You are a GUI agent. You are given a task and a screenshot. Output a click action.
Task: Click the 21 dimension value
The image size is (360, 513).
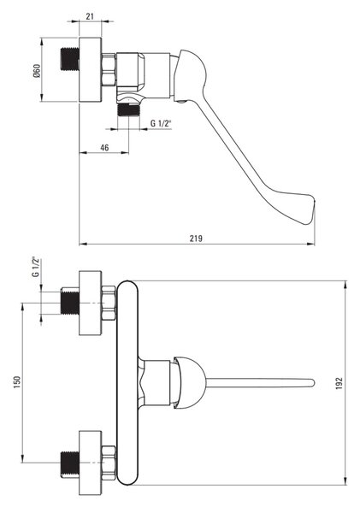pyautogui.click(x=90, y=15)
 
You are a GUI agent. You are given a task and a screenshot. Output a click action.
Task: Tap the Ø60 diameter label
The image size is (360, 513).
pyautogui.click(x=37, y=71)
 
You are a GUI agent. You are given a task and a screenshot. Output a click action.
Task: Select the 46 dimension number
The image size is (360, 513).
pyautogui.click(x=104, y=148)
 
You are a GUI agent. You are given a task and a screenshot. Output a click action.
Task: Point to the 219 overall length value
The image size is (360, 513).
pyautogui.click(x=196, y=239)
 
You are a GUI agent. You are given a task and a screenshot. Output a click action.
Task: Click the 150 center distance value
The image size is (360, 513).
pyautogui.click(x=17, y=382)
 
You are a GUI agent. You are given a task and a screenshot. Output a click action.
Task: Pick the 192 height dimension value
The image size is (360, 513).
pyautogui.click(x=339, y=383)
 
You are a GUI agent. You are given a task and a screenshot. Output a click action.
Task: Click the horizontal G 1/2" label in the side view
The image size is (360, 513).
pyautogui.click(x=161, y=123)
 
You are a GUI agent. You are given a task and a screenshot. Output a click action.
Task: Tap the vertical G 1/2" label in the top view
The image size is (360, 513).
pyautogui.click(x=36, y=267)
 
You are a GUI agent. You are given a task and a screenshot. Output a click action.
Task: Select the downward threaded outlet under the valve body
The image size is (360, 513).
pyautogui.click(x=128, y=110)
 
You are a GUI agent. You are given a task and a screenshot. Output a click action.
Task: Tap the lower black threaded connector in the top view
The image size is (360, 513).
pyautogui.click(x=70, y=463)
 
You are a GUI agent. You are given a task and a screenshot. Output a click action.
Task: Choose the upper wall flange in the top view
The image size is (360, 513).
pyautogui.click(x=91, y=303)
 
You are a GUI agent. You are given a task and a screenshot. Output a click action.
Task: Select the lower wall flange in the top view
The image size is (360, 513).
pyautogui.click(x=91, y=463)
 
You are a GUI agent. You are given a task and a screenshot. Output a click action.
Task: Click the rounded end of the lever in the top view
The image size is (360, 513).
pyautogui.click(x=311, y=382)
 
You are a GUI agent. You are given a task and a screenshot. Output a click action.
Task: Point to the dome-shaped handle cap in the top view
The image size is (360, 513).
pyautogui.click(x=190, y=382)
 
